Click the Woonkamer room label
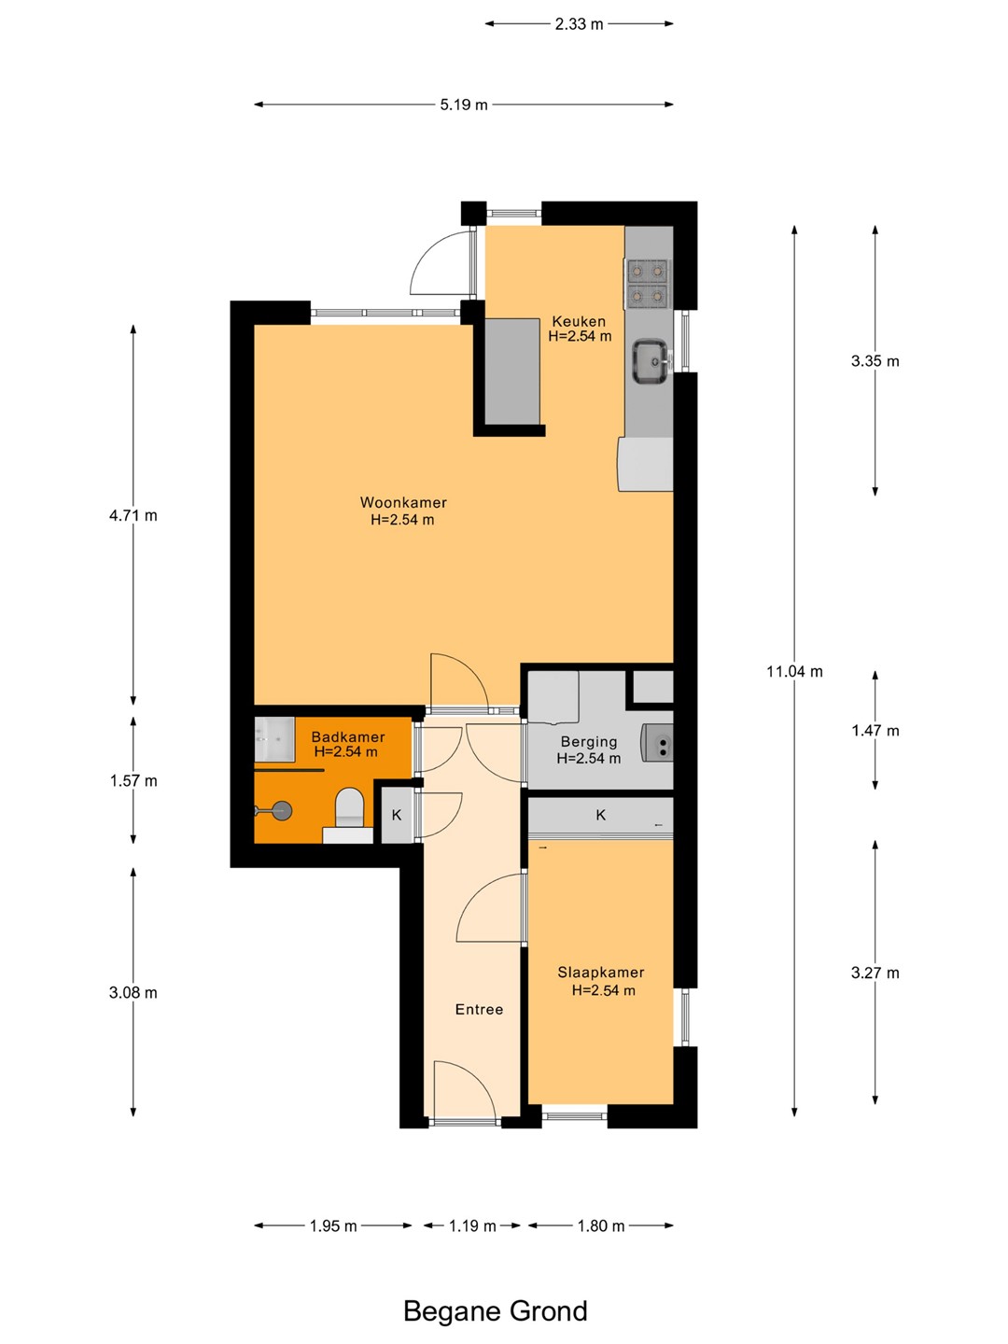click(402, 502)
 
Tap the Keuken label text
click(579, 321)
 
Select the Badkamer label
click(347, 736)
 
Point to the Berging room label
click(589, 741)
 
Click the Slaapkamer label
click(600, 973)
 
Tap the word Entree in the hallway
click(479, 1009)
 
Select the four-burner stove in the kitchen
click(648, 284)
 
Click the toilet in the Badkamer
click(350, 807)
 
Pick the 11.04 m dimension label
click(794, 671)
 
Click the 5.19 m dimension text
click(463, 105)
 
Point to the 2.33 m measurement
click(579, 24)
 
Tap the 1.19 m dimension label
click(472, 1225)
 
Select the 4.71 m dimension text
click(133, 515)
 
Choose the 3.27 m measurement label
click(875, 973)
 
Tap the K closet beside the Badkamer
click(397, 815)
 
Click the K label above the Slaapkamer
click(600, 815)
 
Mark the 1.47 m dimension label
click(875, 731)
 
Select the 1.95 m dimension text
click(333, 1225)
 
